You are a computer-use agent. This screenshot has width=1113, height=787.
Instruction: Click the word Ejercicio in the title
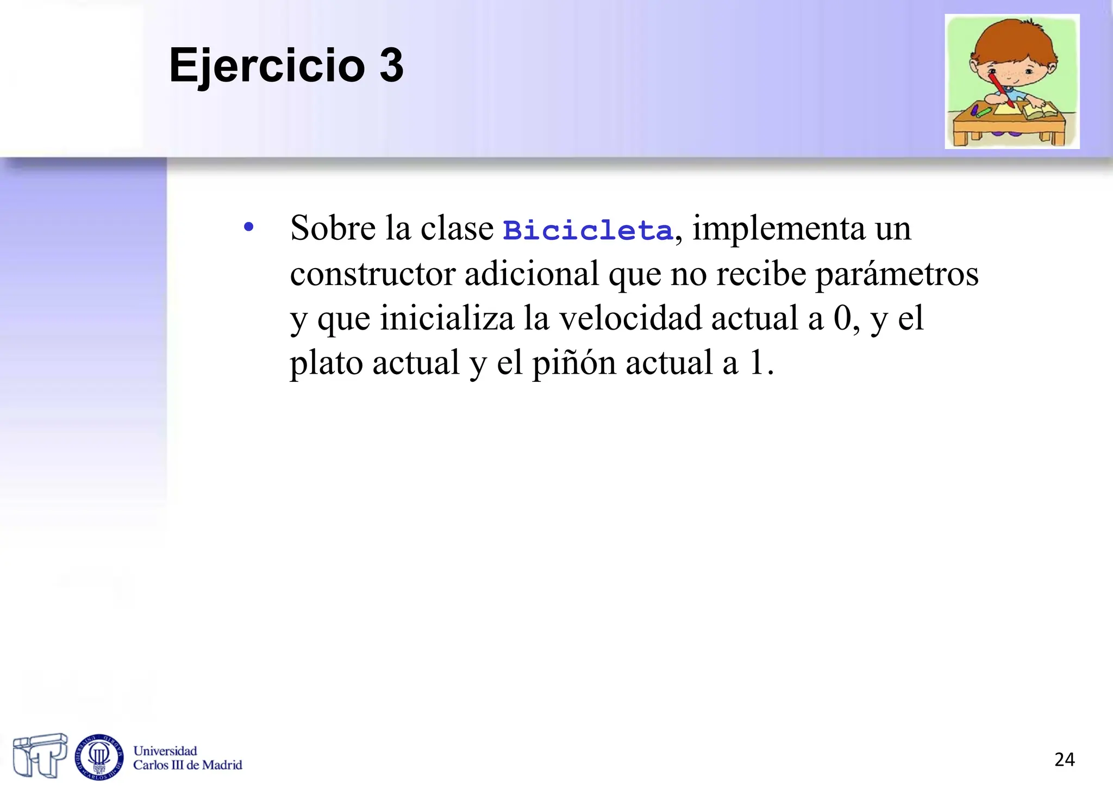point(266,66)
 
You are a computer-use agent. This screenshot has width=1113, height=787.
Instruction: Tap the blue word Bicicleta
point(587,230)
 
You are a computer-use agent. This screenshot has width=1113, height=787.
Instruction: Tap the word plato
point(326,363)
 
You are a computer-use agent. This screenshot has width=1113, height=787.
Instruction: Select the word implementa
point(778,228)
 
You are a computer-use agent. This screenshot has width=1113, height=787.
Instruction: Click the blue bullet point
point(248,227)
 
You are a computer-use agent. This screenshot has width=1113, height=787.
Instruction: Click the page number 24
point(1064,759)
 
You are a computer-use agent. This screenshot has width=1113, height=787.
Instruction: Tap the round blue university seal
point(99,757)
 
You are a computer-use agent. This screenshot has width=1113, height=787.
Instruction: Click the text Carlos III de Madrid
point(187,765)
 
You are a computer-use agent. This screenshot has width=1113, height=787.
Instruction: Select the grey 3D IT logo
point(40,755)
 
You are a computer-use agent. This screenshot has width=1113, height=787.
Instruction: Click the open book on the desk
point(1040,111)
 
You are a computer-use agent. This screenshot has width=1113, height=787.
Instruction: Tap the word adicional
point(532,274)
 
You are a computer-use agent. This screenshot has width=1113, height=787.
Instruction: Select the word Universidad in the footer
point(165,751)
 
